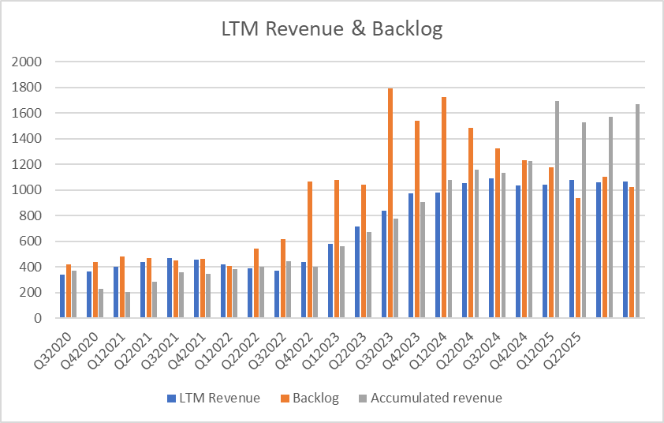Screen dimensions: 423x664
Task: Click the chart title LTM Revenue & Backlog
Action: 331,30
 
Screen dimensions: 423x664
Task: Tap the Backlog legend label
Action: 315,398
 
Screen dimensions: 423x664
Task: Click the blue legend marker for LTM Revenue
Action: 171,398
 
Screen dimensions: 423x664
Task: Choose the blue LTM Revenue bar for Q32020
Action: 62,296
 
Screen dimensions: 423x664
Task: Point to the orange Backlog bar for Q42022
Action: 309,249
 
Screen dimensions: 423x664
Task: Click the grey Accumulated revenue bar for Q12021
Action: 128,305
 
